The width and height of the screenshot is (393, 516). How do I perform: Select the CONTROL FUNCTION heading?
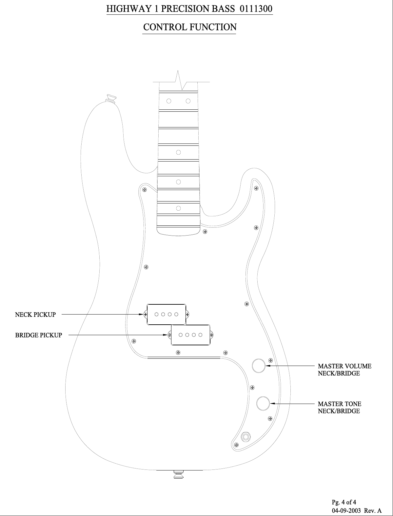pos(190,27)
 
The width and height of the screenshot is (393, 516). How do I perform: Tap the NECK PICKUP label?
pos(35,315)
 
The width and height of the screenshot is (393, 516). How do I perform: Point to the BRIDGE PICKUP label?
pos(39,335)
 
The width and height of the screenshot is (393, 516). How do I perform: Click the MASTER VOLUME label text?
pos(344,366)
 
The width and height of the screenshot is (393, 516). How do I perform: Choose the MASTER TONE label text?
pos(340,404)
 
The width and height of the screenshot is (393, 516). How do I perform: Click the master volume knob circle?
pos(258,366)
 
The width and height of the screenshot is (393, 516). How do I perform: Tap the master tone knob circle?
pos(263,404)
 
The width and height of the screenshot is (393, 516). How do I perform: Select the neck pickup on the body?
pos(166,315)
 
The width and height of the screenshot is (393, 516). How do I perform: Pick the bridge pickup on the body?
pos(190,335)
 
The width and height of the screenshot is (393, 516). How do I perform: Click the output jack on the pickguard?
pos(245,437)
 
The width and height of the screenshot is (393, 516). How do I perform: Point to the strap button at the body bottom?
pos(179,474)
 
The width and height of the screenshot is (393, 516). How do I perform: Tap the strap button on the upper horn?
pos(110,98)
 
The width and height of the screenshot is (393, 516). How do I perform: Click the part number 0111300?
pos(256,9)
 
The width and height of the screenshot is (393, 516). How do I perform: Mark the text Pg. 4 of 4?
pos(344,502)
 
